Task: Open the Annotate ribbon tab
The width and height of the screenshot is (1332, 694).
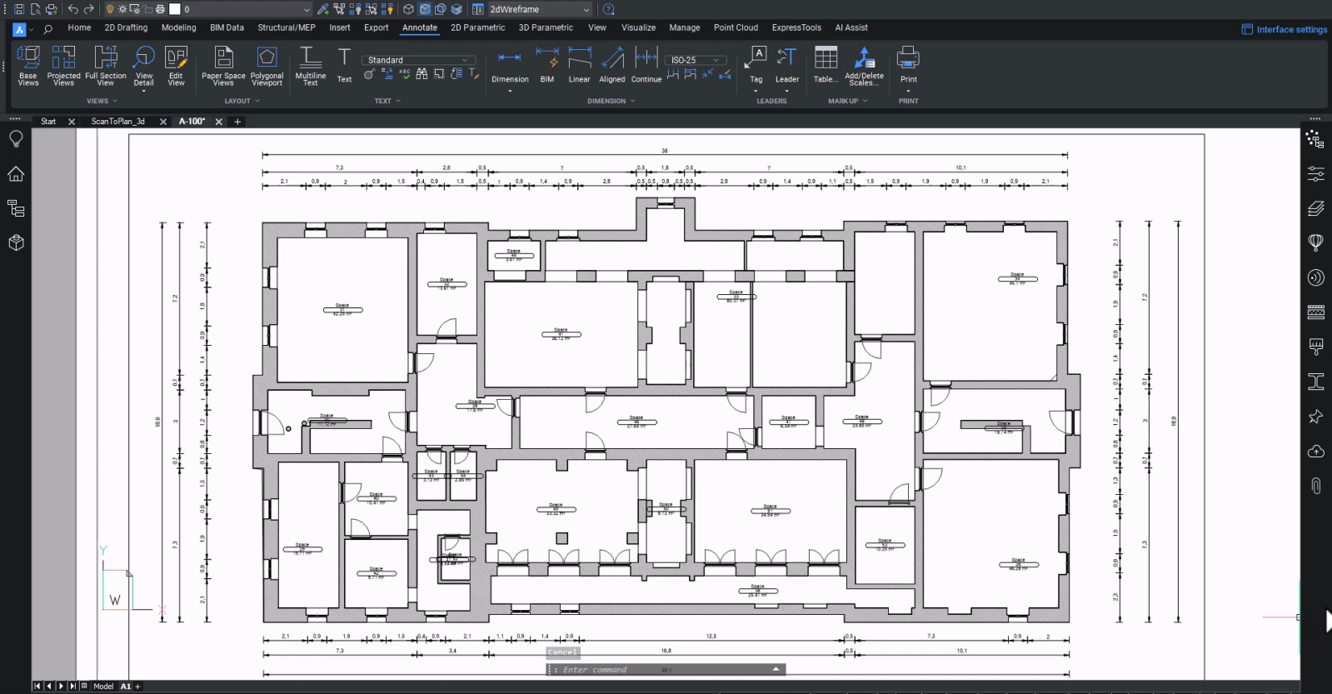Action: point(419,27)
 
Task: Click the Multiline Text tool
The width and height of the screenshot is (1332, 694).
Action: point(310,66)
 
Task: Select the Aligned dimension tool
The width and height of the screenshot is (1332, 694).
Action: point(612,66)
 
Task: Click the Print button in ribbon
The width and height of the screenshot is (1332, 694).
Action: point(908,66)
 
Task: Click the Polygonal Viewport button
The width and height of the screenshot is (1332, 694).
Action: point(267,66)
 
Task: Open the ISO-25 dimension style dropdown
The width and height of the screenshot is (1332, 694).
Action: point(696,60)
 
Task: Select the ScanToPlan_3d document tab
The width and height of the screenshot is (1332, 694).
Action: point(117,122)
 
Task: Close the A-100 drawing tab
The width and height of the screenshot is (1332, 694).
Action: point(219,122)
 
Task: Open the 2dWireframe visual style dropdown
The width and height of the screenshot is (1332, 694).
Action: point(538,9)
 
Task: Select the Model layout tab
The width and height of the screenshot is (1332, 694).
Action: point(103,687)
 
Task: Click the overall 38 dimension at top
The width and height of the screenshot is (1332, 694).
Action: point(664,151)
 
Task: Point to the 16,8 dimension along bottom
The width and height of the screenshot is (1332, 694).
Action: point(666,651)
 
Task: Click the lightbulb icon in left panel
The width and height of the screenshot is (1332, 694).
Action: point(16,139)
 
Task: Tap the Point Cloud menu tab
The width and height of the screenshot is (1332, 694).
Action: point(736,27)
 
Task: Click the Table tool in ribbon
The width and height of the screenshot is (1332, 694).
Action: point(826,66)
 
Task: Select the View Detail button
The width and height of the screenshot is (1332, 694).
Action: point(143,66)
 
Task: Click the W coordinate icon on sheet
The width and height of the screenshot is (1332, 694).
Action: point(115,600)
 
